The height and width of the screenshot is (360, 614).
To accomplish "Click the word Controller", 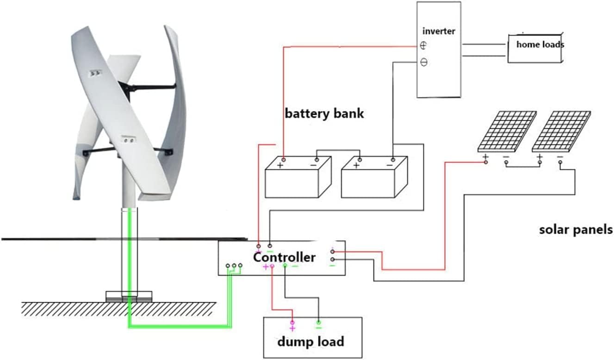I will tap(284, 257).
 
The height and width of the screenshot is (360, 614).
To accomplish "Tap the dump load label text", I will tap(310, 342).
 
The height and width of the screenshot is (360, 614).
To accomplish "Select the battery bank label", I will tap(324, 113).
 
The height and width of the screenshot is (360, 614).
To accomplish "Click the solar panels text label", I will tap(576, 230).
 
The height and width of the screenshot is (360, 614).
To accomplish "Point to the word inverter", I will tap(439, 31).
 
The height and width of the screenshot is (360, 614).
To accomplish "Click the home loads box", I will tap(535, 48).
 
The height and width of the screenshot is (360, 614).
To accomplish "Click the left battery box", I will tap(298, 178).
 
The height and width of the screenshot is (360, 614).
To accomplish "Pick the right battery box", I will tap(374, 178).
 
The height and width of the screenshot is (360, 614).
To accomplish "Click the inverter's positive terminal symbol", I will tap(423, 45).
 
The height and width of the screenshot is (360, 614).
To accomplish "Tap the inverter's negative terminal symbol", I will tap(423, 62).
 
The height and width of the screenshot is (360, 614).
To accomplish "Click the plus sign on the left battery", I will tap(280, 165).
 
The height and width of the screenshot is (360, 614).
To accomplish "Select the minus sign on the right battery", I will tap(390, 165).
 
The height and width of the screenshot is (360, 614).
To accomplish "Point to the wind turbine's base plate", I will tap(129, 296).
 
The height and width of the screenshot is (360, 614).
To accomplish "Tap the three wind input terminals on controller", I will tap(234, 266).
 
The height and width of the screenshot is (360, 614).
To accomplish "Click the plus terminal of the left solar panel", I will tap(485, 158).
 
